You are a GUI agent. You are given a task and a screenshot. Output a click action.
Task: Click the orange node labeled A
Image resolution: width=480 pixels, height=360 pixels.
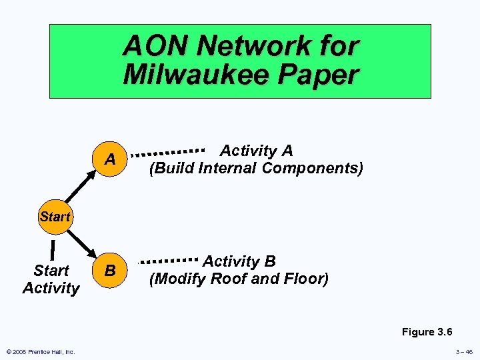point(110,160)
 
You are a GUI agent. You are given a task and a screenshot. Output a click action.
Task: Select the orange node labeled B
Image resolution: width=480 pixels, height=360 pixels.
point(110,270)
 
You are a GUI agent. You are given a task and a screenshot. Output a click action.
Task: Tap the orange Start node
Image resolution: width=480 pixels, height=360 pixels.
point(54,217)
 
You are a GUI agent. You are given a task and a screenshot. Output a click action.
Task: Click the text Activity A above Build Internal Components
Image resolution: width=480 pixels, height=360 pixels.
point(257,151)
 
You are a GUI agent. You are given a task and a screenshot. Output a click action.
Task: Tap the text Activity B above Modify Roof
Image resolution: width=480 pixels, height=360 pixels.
point(239,261)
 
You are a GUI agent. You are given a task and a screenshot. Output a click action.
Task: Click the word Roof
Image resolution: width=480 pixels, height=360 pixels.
point(229,279)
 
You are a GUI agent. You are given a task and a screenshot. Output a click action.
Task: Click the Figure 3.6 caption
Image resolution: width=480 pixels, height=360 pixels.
point(427,332)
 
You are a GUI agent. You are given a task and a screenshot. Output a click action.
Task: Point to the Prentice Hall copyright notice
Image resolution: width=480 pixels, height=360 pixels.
point(41,351)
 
